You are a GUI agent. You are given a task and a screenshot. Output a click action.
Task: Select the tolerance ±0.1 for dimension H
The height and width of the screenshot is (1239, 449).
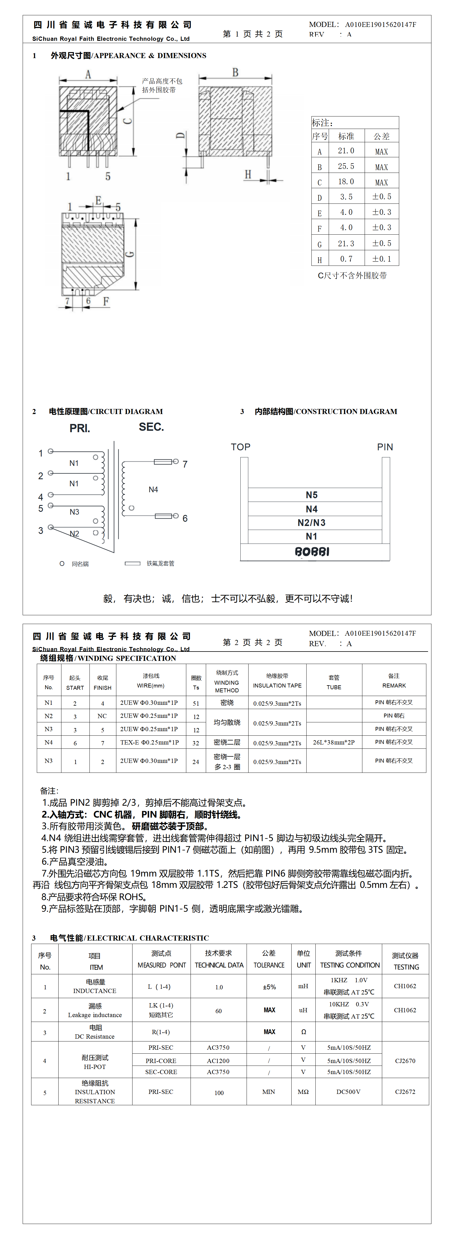382,259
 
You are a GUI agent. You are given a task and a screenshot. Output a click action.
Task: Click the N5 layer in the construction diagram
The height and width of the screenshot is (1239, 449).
311,495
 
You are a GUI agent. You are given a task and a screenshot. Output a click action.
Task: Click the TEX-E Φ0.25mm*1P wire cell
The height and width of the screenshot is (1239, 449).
149,742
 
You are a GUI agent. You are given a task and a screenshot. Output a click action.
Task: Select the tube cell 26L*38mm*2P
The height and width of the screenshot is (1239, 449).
333,742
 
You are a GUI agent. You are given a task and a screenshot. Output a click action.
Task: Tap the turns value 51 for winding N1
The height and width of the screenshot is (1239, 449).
196,703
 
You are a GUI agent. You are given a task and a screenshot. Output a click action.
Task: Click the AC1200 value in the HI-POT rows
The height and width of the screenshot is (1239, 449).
218,1060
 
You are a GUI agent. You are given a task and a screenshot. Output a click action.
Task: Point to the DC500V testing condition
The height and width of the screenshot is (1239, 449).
348,1092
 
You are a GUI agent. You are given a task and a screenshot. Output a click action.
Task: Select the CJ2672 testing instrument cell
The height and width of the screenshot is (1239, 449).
405,1092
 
